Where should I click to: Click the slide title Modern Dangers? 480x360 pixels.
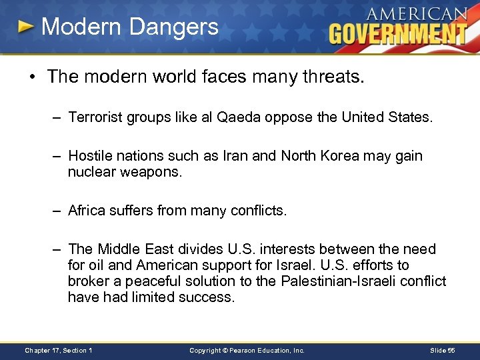tap(129, 27)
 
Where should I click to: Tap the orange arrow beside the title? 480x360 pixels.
tap(26, 27)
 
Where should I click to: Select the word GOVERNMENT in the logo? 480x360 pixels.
tap(397, 33)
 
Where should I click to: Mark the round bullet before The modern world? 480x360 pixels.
tap(31, 77)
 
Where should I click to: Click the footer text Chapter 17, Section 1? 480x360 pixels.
tap(59, 350)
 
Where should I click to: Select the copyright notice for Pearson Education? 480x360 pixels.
tap(247, 350)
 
